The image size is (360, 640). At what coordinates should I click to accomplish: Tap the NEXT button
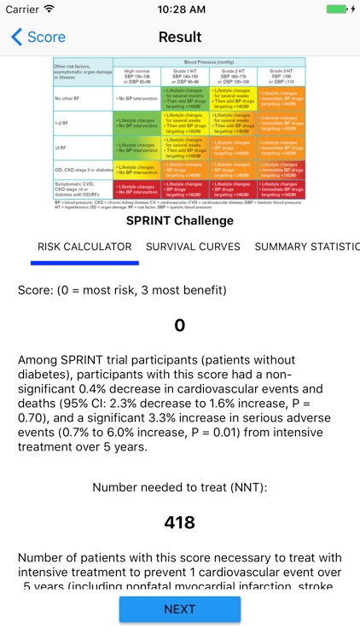coord(179,609)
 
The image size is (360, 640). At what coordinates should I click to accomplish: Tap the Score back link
coord(38,38)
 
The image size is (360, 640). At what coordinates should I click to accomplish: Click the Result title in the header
coord(180,38)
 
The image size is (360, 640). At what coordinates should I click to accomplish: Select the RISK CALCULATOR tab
coord(84,247)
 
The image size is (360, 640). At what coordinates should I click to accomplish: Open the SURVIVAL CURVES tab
coord(193,247)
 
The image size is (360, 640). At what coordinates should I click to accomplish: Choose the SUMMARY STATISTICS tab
coord(307,247)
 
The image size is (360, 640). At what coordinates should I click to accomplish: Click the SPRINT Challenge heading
coord(180,221)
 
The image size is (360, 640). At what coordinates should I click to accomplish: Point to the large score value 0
coord(179,325)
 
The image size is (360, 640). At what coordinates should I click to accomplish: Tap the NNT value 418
coord(179,522)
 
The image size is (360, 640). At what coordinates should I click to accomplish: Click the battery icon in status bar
coord(339,9)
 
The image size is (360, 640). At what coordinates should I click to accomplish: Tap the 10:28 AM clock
coord(180,9)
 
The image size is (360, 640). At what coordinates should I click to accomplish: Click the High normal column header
coord(136,74)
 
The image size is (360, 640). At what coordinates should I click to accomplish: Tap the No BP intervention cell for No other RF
coord(136,99)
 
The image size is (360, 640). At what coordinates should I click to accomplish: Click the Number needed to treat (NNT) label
coord(180,488)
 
